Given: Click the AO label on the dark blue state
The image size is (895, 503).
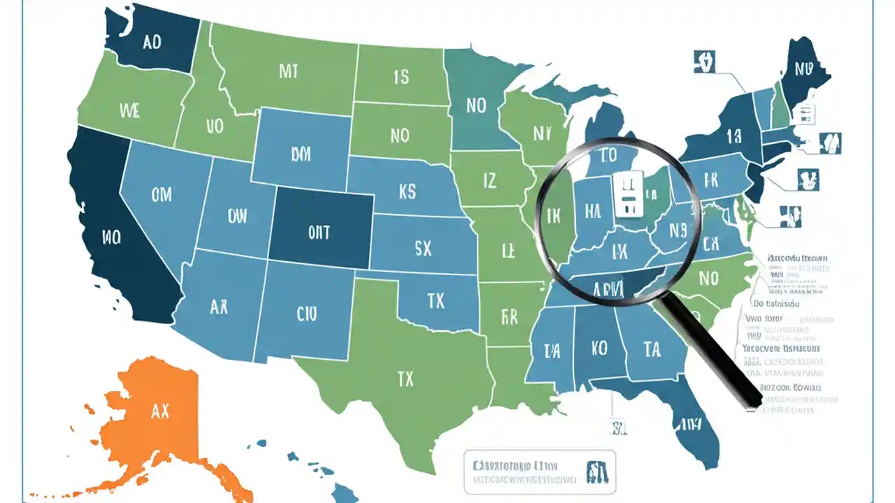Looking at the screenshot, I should pos(152,42).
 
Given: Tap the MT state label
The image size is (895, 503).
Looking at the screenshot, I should pos(288,71).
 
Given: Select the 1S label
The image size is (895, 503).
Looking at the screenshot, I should pos(401,77).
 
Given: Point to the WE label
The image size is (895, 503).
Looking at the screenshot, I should pos(130,110).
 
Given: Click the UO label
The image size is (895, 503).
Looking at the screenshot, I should pos(215,126).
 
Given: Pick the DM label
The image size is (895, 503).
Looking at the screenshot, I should pos(300,154).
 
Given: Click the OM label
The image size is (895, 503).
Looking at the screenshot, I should pos(161,194).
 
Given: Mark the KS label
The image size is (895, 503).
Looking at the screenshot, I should pos(407,191).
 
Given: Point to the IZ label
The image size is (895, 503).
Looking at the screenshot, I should pos(490,181).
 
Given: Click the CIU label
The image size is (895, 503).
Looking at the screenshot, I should pos(306,314).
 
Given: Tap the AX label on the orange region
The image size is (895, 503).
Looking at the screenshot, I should pos(160,411).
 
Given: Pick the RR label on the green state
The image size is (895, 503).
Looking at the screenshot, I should pos(510,317).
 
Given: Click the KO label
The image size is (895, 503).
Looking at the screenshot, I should pos(599,348).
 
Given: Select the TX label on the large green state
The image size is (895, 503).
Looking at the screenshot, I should pos(406,379).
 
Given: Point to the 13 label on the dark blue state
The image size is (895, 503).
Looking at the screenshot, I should pos(733,136).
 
